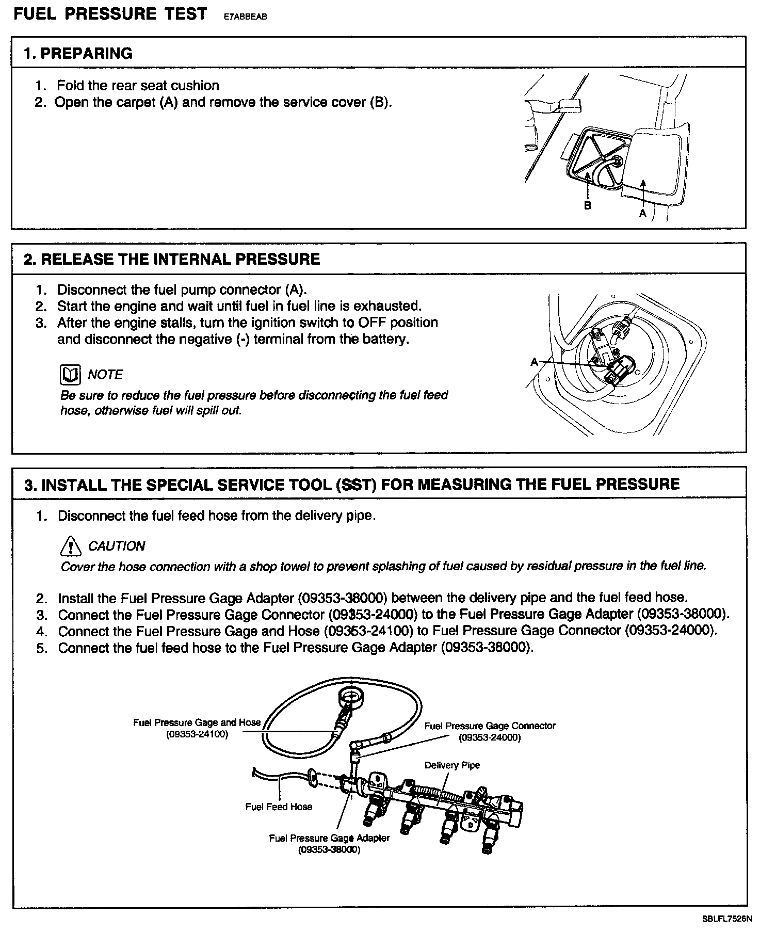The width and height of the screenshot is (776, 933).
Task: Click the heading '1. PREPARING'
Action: (78, 53)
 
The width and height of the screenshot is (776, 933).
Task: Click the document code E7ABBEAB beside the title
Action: (245, 15)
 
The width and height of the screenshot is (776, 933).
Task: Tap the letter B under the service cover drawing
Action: (587, 205)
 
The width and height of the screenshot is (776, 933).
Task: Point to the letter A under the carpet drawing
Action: (643, 213)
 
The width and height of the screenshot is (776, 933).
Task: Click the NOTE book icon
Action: (70, 375)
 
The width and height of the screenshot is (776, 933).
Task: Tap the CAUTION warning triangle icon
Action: (71, 545)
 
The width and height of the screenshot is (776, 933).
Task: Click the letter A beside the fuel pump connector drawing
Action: (535, 362)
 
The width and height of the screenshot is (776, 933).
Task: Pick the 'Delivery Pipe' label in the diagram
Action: (452, 765)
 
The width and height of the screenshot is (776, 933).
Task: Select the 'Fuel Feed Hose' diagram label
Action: (279, 806)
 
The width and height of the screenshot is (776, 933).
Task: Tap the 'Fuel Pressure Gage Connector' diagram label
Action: (490, 726)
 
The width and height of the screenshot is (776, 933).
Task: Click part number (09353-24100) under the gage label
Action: (197, 734)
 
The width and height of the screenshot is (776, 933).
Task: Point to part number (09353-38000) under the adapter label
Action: (329, 850)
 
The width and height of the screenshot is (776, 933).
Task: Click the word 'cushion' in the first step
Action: (194, 85)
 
